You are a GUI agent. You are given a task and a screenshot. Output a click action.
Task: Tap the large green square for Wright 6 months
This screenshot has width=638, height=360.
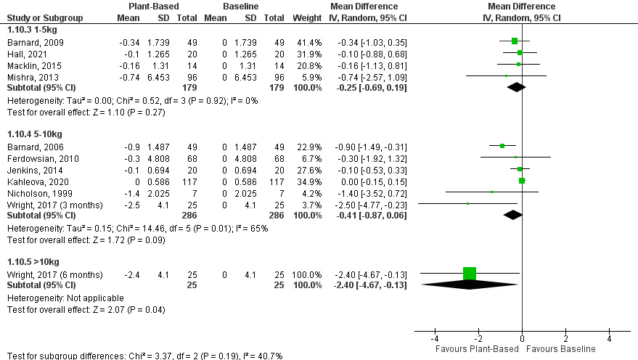tap(470, 274)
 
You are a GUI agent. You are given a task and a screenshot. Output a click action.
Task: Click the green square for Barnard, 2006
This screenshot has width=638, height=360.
tap(502, 145)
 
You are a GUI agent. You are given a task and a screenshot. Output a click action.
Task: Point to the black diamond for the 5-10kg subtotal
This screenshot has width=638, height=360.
tap(513, 215)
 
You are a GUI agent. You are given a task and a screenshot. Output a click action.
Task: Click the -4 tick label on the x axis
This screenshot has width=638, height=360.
tap(435, 339)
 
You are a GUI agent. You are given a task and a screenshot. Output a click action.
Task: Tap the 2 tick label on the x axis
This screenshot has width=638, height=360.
tap(565, 339)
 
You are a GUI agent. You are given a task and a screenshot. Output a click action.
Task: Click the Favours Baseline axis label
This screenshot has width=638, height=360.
tap(564, 349)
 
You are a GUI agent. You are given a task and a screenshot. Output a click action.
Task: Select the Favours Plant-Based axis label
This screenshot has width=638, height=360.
tap(477, 349)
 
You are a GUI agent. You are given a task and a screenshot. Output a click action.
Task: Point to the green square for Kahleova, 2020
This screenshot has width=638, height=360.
tap(522, 180)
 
